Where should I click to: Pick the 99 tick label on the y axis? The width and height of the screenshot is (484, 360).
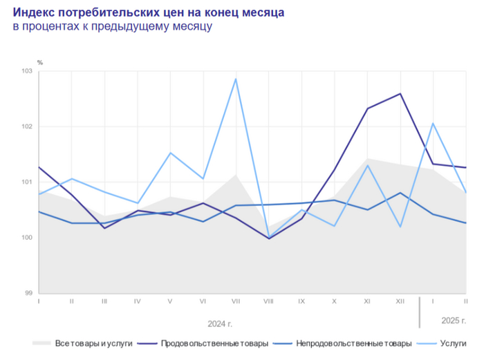(29, 293)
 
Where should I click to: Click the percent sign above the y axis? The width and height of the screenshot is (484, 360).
(39, 62)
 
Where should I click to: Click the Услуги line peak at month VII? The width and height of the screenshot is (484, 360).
(236, 79)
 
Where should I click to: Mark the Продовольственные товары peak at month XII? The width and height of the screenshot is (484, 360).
(400, 94)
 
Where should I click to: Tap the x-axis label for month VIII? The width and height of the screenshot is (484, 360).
(268, 302)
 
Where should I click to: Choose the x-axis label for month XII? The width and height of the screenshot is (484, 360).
(400, 302)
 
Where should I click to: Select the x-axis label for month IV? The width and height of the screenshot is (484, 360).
(138, 302)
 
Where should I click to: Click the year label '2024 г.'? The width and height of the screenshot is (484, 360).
(220, 323)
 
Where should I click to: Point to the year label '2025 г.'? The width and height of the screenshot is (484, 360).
(454, 320)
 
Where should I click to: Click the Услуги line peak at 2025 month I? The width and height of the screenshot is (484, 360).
(433, 124)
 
